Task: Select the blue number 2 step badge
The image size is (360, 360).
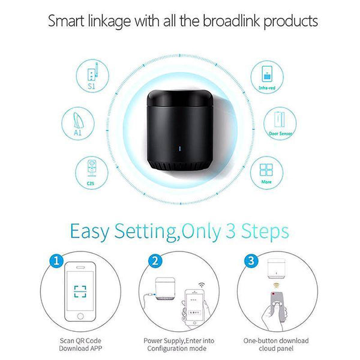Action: (155, 262)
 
